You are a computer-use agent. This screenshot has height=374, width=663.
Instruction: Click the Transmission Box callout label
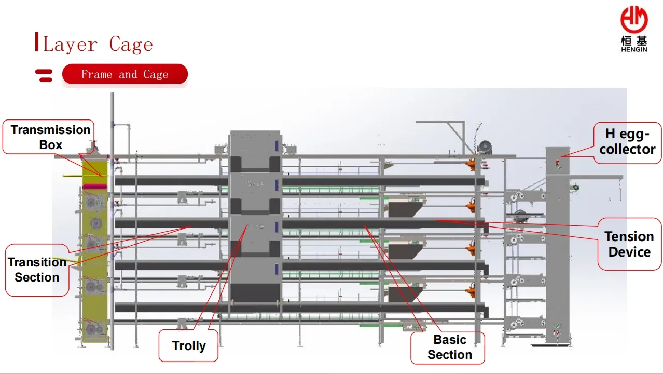50,137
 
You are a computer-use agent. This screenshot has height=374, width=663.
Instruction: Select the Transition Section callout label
37,270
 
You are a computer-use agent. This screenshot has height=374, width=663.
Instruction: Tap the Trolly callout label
189,345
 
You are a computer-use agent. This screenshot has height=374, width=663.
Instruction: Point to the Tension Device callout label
629,244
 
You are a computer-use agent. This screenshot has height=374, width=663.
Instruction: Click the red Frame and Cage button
125,74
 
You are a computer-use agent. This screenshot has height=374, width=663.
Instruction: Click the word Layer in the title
70,45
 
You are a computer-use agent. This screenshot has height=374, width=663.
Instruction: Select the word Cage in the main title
131,45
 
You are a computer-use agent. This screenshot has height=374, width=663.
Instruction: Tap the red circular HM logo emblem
634,20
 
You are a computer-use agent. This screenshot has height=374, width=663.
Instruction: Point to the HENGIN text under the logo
634,49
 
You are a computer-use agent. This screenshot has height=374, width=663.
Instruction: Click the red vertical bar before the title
37,42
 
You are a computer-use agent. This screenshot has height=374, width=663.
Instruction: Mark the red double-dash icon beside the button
44,75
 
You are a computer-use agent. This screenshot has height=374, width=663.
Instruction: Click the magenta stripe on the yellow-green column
95,186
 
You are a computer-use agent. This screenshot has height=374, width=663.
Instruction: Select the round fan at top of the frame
485,148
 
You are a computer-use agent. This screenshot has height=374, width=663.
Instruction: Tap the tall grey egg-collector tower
558,245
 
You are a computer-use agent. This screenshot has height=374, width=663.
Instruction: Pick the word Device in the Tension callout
629,252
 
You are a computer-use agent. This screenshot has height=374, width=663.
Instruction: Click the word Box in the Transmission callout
51,145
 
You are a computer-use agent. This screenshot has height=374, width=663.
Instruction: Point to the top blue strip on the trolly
277,145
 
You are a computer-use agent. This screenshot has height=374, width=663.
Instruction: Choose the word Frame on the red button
97,74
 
